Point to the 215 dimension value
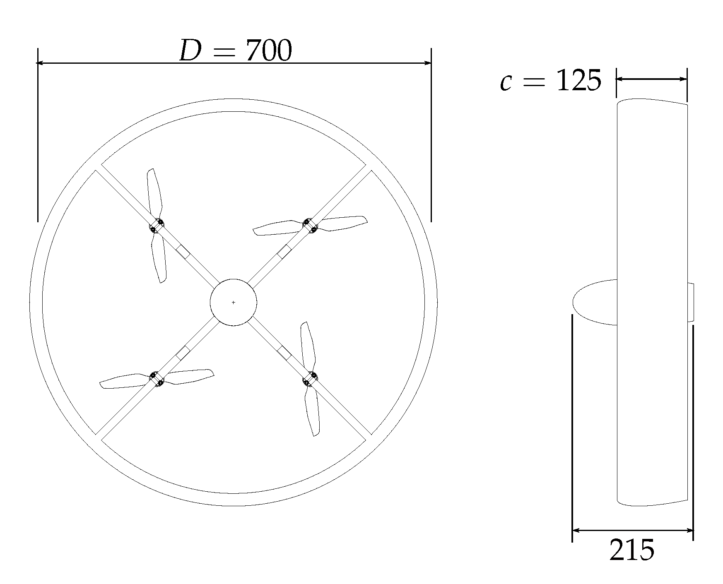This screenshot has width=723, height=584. (x=632, y=550)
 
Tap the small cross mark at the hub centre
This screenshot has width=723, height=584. (x=233, y=303)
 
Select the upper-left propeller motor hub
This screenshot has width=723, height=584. (x=157, y=226)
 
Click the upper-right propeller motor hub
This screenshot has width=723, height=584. (x=310, y=225)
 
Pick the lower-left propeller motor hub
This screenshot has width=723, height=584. (x=156, y=379)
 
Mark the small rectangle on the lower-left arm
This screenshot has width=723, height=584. (x=183, y=353)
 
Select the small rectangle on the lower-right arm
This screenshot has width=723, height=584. (x=284, y=353)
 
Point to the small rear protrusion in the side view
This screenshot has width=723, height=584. (x=690, y=302)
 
